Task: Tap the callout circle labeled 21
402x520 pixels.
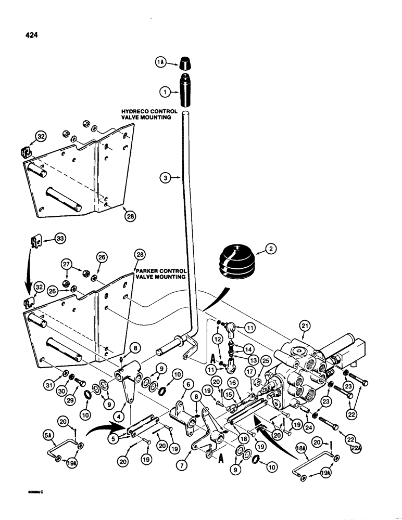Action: [x=304, y=327]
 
